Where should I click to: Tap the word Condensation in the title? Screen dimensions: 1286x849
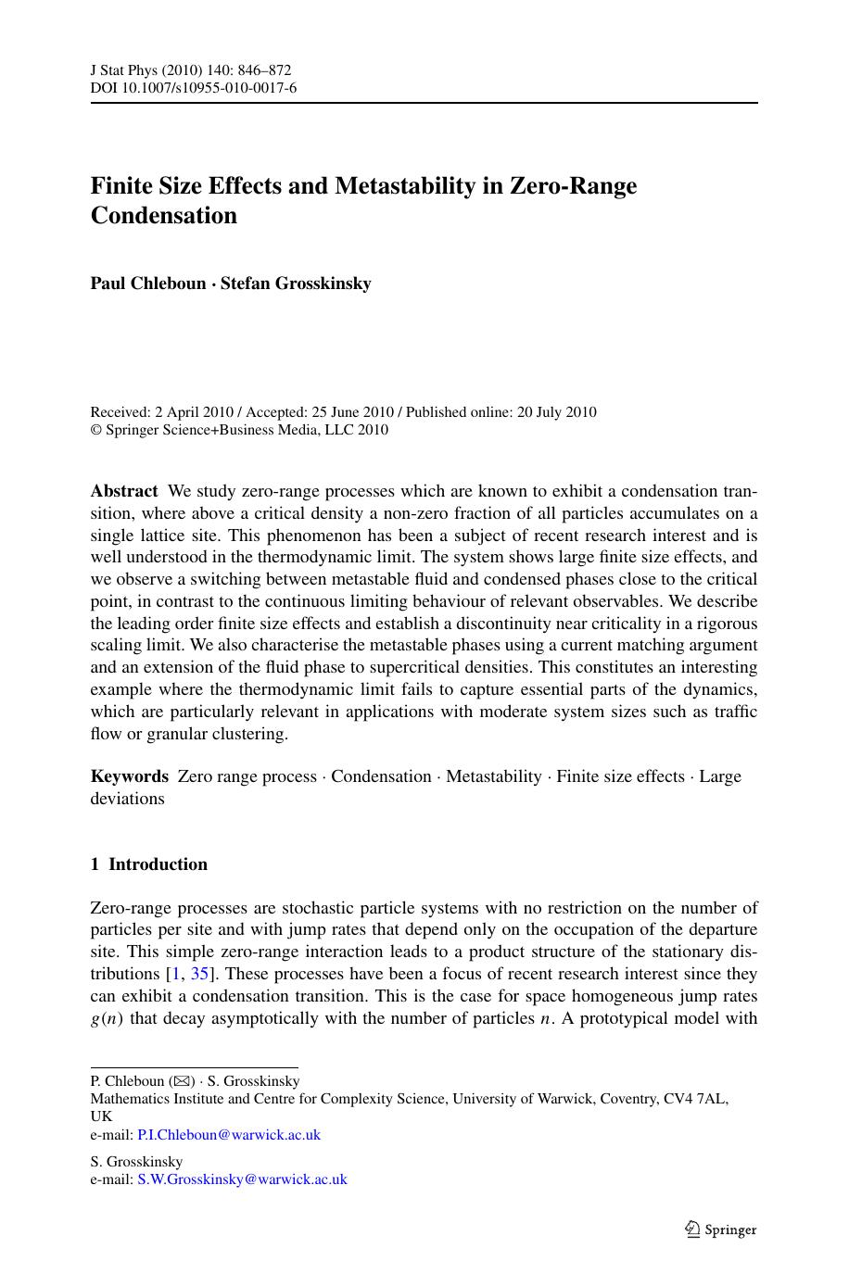pyautogui.click(x=163, y=216)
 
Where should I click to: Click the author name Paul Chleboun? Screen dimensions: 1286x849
pyautogui.click(x=147, y=284)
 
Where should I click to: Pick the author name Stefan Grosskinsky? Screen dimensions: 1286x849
pyautogui.click(x=296, y=284)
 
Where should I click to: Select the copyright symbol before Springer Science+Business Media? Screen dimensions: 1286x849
pyautogui.click(x=95, y=430)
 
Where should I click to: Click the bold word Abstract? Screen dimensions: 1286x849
pyautogui.click(x=124, y=491)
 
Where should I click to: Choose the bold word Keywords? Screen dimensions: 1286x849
pyautogui.click(x=130, y=776)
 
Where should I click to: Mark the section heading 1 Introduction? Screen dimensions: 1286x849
pyautogui.click(x=148, y=864)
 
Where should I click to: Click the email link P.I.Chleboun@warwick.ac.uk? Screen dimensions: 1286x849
pyautogui.click(x=229, y=1135)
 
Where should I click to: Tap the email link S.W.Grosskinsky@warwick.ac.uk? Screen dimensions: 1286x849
pyautogui.click(x=242, y=1179)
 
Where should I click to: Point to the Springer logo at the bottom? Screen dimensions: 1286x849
pyautogui.click(x=720, y=1229)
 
